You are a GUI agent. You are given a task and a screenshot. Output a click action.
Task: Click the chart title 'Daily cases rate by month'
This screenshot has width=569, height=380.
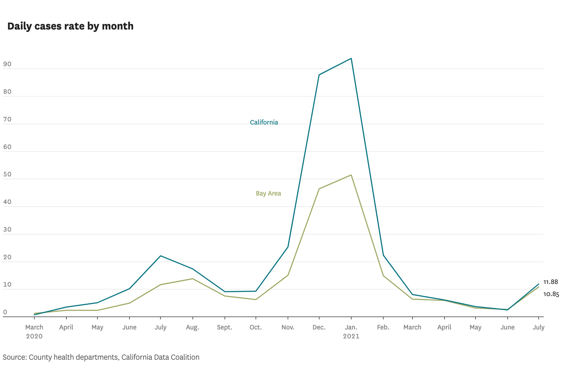pos(70,26)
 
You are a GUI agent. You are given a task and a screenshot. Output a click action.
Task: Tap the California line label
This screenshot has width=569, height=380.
pos(264,122)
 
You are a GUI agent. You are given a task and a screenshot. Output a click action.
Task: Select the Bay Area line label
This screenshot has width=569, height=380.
pos(268,193)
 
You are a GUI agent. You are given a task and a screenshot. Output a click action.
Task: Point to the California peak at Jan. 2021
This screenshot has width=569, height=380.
pos(351,59)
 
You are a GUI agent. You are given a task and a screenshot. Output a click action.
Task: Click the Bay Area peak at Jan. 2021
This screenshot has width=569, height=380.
pos(351,175)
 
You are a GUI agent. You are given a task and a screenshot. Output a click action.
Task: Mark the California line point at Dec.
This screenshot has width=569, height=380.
pos(319,75)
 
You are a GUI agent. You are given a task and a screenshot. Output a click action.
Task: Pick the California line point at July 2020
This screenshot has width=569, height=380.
pos(160,256)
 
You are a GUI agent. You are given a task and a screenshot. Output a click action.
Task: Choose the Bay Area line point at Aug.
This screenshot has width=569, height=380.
pos(193,279)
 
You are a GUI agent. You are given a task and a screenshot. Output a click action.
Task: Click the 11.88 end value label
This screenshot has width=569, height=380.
pos(550,282)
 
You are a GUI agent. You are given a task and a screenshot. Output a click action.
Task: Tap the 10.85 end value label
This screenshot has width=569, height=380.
pos(551,294)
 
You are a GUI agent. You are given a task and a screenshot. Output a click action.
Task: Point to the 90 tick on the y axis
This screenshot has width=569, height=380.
pos(7,64)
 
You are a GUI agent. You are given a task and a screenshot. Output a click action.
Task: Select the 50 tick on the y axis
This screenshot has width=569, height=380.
pos(7,174)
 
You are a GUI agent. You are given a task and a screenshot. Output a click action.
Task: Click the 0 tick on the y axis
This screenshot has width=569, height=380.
pos(5,312)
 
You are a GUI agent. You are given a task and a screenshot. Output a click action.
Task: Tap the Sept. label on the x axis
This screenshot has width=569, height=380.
pos(224,327)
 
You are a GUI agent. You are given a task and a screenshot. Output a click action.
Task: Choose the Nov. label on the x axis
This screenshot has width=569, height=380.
pos(288,327)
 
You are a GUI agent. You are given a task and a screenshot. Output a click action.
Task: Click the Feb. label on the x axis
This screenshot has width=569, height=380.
pos(383,327)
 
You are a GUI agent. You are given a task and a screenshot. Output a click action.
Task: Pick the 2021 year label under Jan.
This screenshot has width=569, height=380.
pos(351,336)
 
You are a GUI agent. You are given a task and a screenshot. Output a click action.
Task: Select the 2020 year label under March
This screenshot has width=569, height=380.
pos(34,336)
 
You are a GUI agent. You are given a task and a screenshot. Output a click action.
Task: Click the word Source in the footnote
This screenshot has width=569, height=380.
pos(14,357)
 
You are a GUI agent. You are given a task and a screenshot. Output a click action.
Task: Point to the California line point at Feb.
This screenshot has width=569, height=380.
pos(383,255)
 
